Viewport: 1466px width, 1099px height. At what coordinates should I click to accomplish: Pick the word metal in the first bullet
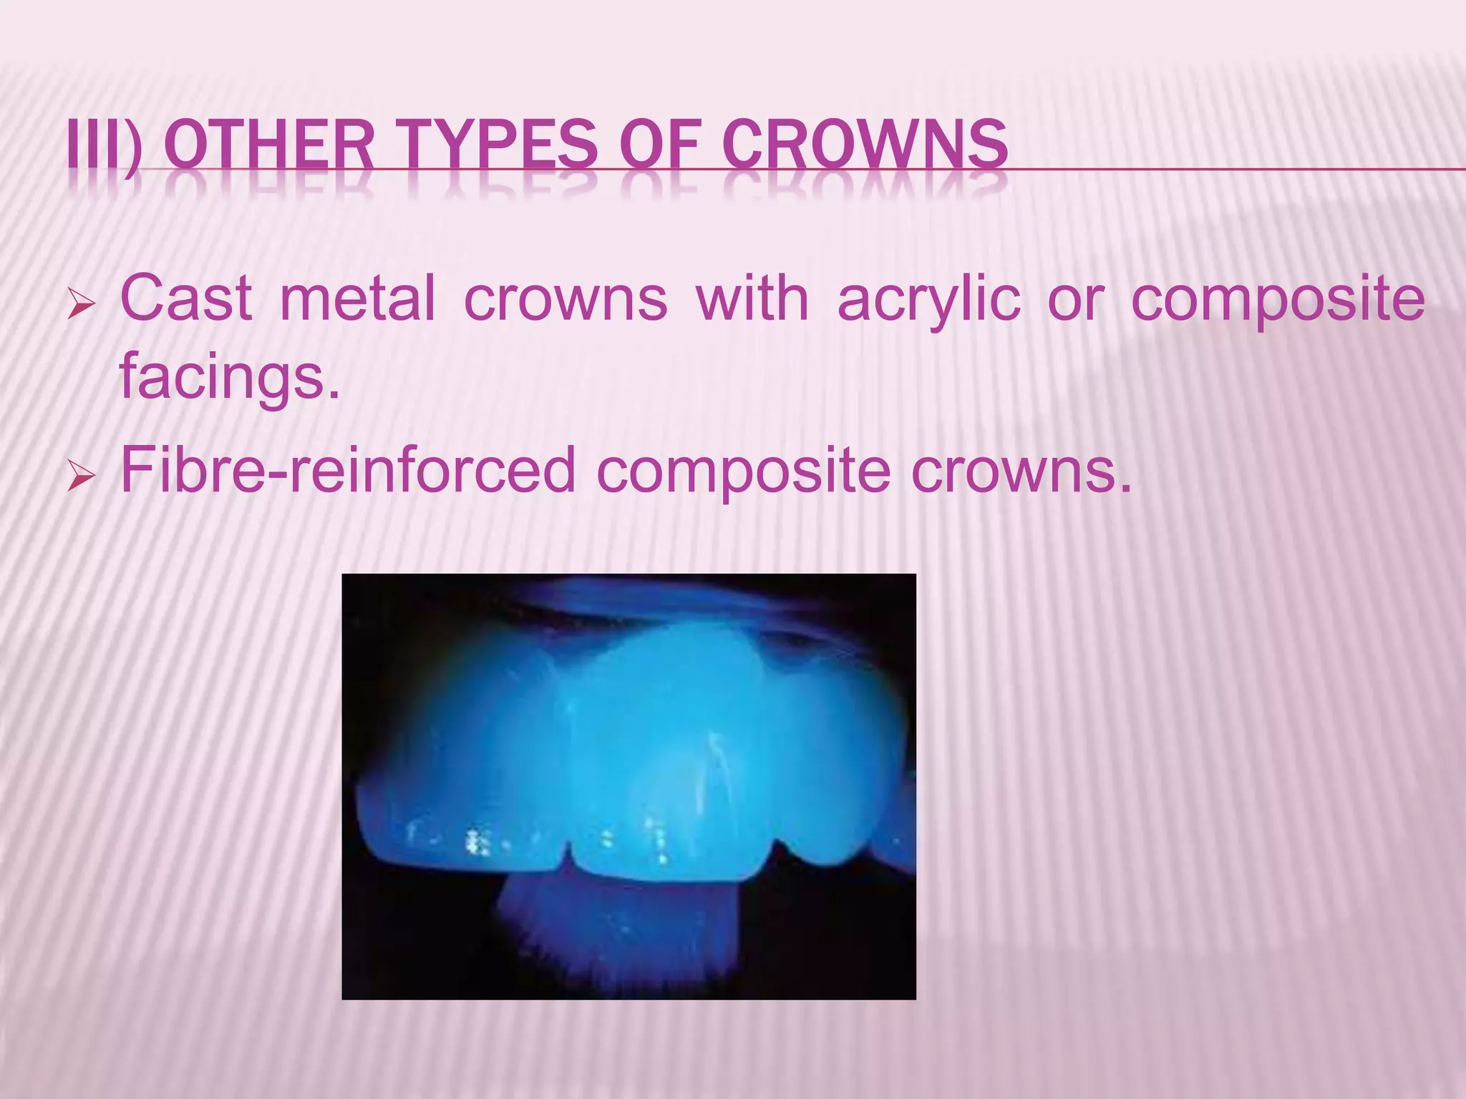click(x=357, y=298)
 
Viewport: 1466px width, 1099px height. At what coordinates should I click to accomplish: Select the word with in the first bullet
click(x=752, y=298)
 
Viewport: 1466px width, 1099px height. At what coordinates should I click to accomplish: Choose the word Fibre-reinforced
click(x=348, y=470)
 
